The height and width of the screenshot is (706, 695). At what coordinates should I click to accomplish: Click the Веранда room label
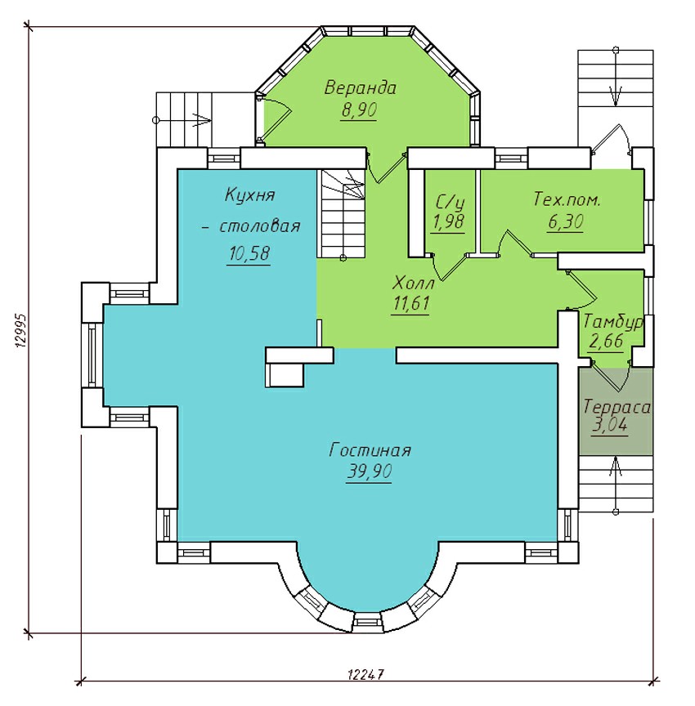[x=360, y=87]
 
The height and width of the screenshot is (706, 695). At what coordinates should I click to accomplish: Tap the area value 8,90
[x=358, y=109]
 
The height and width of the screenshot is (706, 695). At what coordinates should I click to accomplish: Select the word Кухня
[x=249, y=195]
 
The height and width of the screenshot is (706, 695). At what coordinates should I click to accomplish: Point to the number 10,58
[x=249, y=253]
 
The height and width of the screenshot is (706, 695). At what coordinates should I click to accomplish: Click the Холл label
[x=413, y=284]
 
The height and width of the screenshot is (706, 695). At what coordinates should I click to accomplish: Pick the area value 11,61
[x=410, y=303]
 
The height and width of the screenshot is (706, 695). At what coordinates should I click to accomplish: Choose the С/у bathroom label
[x=450, y=203]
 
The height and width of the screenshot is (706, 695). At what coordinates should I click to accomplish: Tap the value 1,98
[x=448, y=222]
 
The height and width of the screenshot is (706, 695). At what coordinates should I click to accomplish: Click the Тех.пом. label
[x=567, y=199]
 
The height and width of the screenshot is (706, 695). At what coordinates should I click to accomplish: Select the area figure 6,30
[x=566, y=221]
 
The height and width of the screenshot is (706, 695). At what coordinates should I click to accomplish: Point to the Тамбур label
[x=613, y=323]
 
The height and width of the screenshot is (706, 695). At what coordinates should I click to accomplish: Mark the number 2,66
[x=606, y=341]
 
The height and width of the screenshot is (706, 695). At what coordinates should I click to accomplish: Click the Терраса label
[x=617, y=407]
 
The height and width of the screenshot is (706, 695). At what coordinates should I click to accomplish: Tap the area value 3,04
[x=609, y=425]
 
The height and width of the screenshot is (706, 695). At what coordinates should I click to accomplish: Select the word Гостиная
[x=370, y=450]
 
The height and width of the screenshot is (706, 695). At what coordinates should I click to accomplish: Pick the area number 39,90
[x=370, y=471]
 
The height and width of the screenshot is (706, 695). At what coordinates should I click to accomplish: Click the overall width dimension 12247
[x=365, y=674]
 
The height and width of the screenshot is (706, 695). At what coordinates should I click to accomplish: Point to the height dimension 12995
[x=21, y=330]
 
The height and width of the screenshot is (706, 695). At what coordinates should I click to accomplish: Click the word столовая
[x=259, y=226]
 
